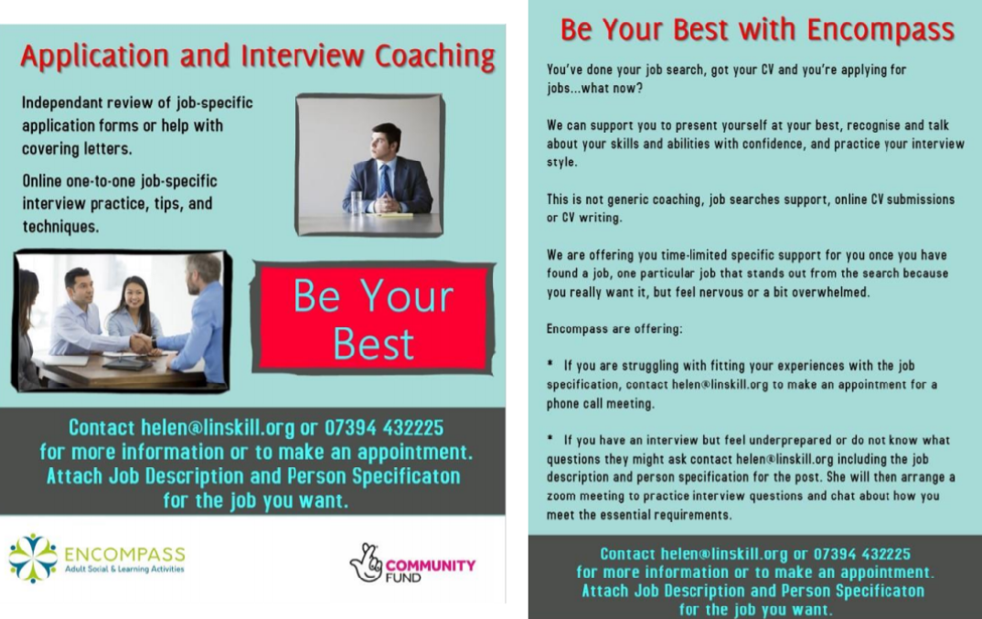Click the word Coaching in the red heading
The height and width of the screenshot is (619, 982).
tap(435, 57)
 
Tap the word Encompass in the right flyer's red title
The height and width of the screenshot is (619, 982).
tap(881, 30)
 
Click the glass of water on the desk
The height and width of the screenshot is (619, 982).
tap(356, 203)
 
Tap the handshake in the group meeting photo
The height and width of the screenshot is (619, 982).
tap(142, 343)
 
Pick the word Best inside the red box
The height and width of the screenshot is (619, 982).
tap(373, 344)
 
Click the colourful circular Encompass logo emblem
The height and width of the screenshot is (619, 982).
tap(33, 559)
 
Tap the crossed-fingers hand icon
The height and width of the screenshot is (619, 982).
tap(367, 562)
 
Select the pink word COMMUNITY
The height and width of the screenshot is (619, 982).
tap(431, 565)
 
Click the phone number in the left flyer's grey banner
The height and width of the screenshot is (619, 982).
tap(384, 428)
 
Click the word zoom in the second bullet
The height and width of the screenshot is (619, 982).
tap(561, 496)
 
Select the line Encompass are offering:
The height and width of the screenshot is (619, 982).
tap(614, 329)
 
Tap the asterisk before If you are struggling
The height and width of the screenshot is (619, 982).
tap(550, 363)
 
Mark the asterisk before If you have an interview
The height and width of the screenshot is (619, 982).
tap(550, 438)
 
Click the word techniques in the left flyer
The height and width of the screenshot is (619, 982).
tap(60, 227)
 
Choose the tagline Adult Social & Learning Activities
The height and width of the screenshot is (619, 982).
tap(124, 570)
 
